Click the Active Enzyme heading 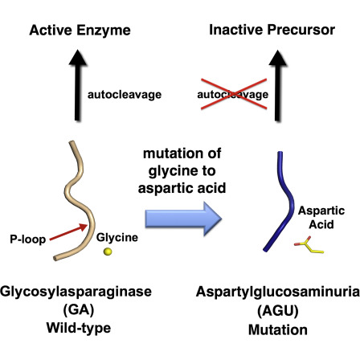(x=80, y=30)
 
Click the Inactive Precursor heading (x=272, y=30)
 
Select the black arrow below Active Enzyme (x=78, y=85)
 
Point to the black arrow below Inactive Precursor (x=278, y=85)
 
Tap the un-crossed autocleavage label (x=125, y=95)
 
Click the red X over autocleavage (x=234, y=94)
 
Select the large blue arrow (x=183, y=219)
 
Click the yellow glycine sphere (x=108, y=252)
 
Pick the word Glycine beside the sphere (x=117, y=238)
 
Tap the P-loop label (x=28, y=239)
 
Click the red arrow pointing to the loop (x=68, y=232)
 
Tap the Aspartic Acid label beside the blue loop (x=321, y=218)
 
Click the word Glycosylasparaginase (x=76, y=292)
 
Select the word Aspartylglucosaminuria (x=278, y=292)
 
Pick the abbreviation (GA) (x=79, y=310)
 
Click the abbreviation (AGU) (x=278, y=311)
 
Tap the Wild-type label (x=79, y=328)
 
